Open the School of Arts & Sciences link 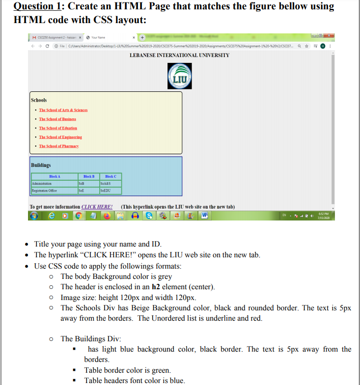[x=63, y=110]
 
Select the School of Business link [x=57, y=119]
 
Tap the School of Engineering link [x=60, y=137]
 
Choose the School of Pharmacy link [x=59, y=146]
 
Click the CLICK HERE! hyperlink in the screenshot [x=97, y=207]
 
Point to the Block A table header [x=55, y=176]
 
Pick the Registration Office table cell [x=45, y=190]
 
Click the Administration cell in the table [x=45, y=183]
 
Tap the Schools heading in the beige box [x=39, y=100]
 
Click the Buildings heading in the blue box [x=41, y=165]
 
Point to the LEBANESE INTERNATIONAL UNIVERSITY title [x=179, y=55]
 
